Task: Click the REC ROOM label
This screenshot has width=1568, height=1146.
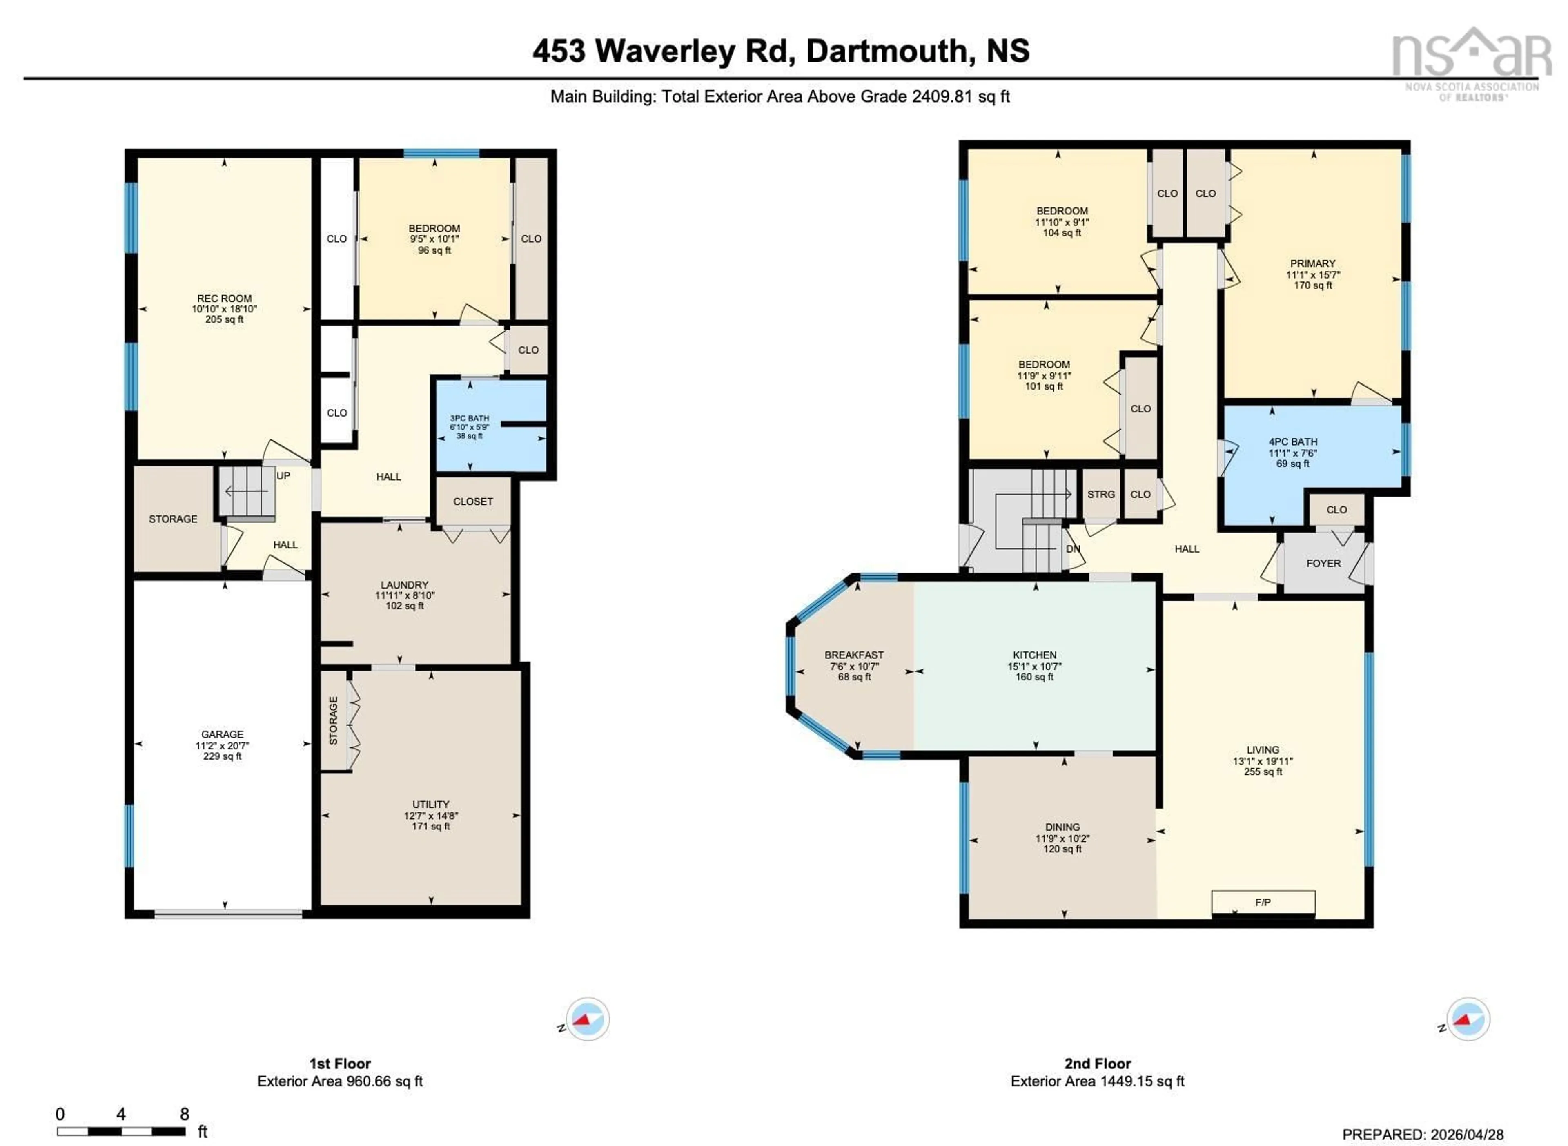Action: tap(224, 298)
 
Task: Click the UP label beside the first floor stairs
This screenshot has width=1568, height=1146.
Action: tap(283, 476)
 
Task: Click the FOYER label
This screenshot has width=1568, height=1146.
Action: tap(1323, 563)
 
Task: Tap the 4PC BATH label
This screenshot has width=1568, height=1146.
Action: tap(1293, 442)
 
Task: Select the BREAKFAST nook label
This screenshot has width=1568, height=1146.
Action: tap(854, 655)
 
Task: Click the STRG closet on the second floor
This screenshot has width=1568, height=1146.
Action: tap(1100, 494)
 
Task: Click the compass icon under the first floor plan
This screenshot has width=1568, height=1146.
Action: tap(587, 1019)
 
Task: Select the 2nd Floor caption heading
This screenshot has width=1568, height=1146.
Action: tap(1097, 1064)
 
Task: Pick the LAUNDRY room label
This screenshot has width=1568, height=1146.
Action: tap(404, 585)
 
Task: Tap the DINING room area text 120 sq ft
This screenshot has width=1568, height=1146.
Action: tap(1062, 849)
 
